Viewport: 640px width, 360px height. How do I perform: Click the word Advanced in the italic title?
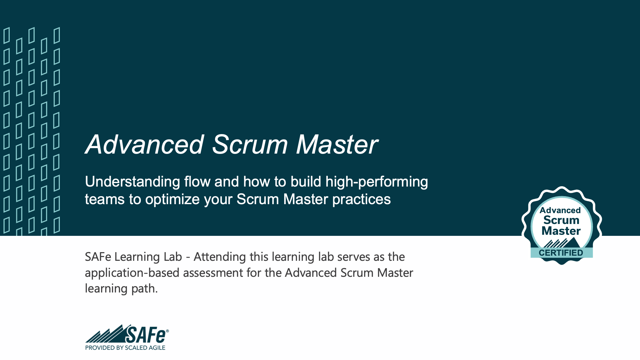(x=144, y=145)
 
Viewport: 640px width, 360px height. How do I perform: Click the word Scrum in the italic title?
(x=250, y=145)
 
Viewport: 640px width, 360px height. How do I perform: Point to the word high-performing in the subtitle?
(x=377, y=182)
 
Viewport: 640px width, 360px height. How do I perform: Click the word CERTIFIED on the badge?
(x=561, y=253)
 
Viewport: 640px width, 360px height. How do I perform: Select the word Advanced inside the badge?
(x=560, y=210)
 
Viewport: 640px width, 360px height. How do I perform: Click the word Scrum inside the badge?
(x=561, y=220)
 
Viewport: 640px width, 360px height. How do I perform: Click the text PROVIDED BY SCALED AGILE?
(x=125, y=348)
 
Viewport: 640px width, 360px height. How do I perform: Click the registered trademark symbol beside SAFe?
(x=167, y=331)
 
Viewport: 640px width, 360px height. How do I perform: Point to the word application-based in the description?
(x=132, y=273)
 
